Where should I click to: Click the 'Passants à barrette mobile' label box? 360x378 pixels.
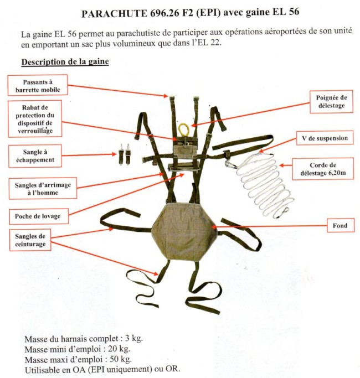click(38, 85)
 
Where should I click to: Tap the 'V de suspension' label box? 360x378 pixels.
click(321, 138)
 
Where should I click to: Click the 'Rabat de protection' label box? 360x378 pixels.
click(38, 118)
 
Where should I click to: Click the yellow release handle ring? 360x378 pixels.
click(183, 130)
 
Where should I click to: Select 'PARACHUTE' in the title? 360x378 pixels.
click(109, 14)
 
